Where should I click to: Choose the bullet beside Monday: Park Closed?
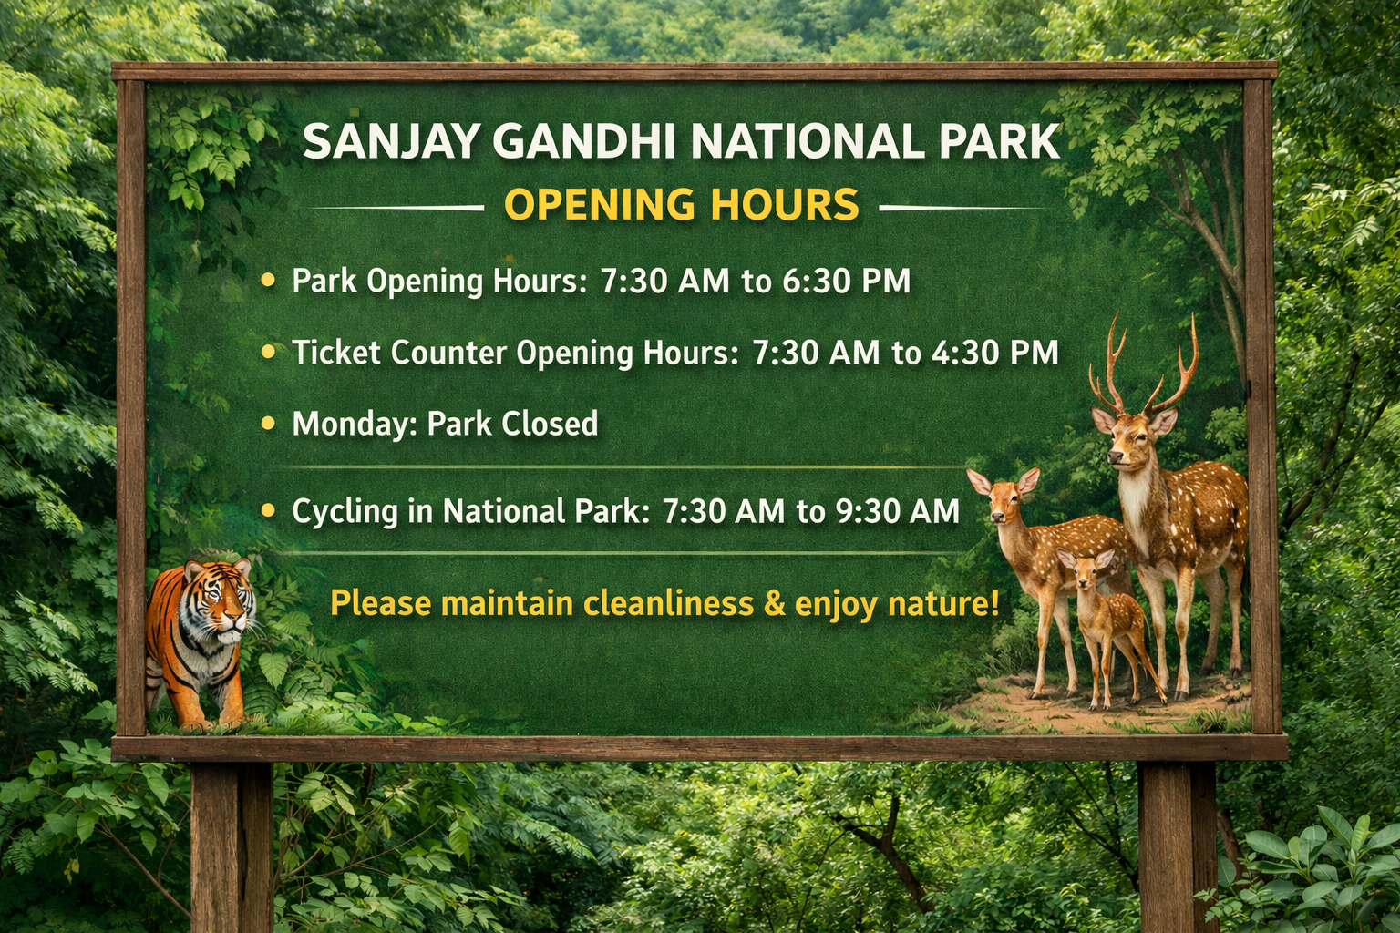pos(268,424)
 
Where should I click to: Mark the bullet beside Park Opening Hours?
pos(268,280)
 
